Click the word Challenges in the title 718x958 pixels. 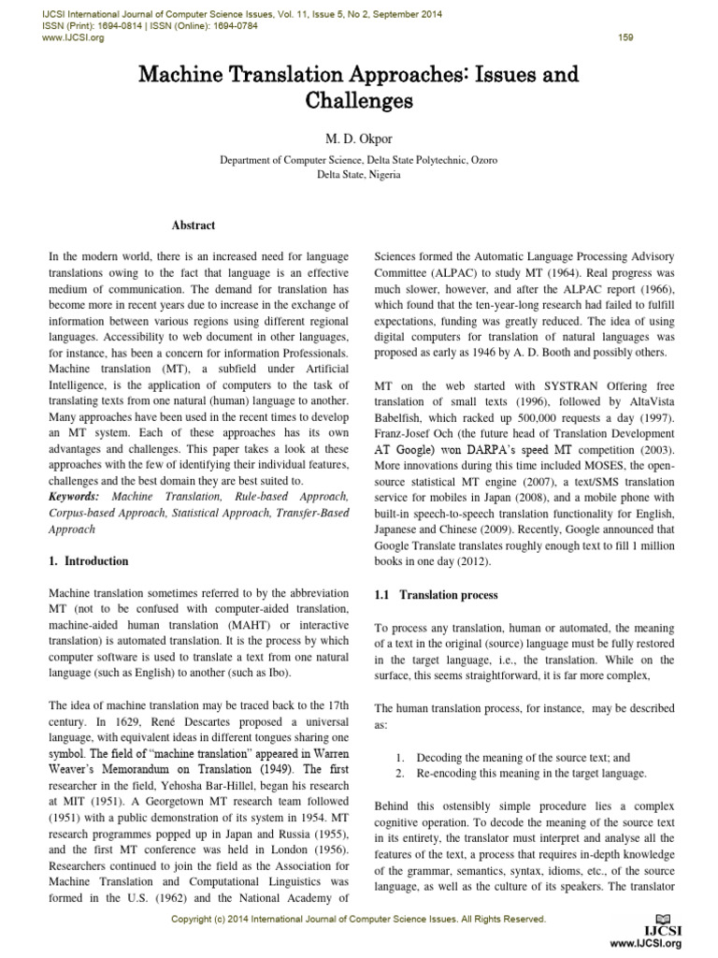coord(359,99)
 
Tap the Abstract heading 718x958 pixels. coord(194,225)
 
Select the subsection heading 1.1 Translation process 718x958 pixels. coord(436,595)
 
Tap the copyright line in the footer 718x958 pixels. coord(359,919)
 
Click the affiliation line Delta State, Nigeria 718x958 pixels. coord(359,174)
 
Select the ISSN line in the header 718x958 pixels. coord(138,26)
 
